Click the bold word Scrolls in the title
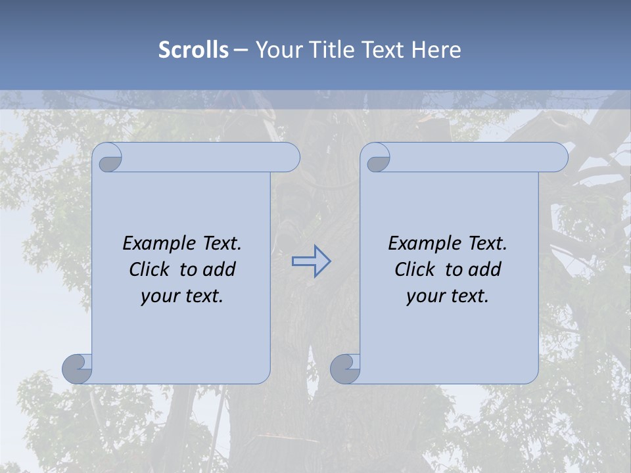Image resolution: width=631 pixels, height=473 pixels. point(193,50)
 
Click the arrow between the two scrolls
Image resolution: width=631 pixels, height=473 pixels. point(311,261)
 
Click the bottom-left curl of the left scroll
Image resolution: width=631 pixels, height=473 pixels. point(78,368)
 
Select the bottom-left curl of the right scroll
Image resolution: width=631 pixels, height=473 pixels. point(345,368)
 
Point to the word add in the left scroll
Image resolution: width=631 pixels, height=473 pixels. point(220,269)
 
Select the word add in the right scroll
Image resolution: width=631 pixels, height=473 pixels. point(485,269)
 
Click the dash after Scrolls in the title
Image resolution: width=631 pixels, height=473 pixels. point(241,50)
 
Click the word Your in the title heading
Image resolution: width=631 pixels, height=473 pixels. point(276,50)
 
